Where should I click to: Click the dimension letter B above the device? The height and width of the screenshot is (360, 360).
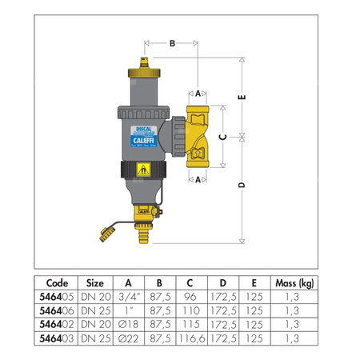[x=172, y=43]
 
